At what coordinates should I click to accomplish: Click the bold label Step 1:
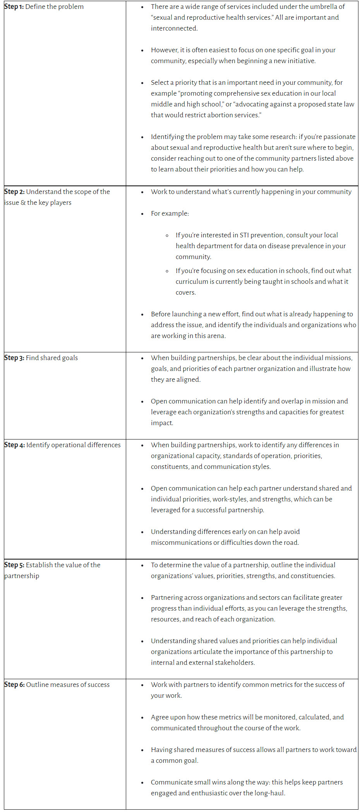(14, 7)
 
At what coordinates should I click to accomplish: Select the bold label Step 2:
(14, 192)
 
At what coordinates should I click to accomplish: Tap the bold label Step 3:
(14, 358)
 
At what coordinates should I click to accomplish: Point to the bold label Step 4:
(14, 445)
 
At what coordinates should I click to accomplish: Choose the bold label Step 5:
(14, 565)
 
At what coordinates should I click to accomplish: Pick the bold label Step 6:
(14, 685)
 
